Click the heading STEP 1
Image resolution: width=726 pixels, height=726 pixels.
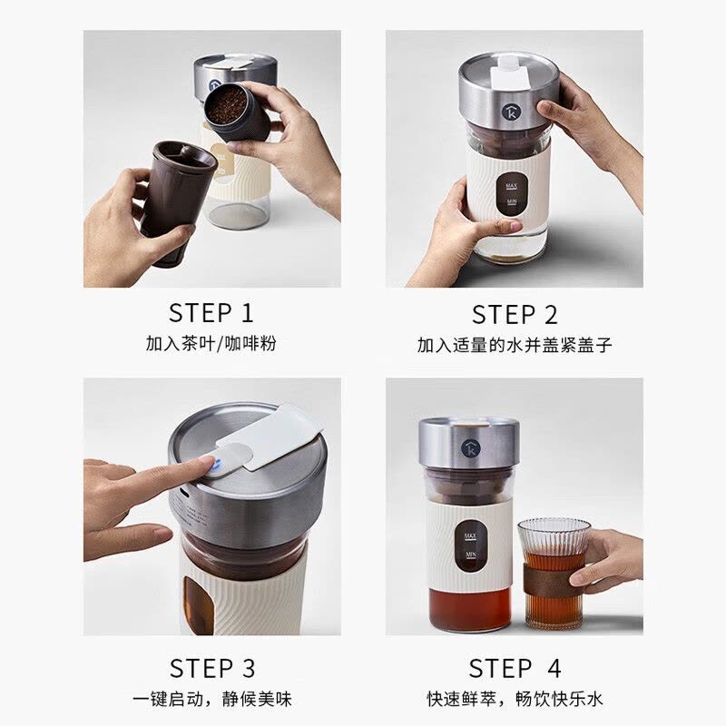(211, 313)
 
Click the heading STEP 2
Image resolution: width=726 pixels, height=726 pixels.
(515, 315)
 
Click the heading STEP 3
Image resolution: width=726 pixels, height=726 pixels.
(211, 669)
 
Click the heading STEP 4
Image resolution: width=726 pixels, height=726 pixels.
(515, 669)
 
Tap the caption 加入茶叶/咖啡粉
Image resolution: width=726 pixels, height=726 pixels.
(211, 345)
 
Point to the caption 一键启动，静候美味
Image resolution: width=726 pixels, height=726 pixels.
(211, 700)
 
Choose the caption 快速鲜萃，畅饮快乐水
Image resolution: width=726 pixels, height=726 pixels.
(515, 700)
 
